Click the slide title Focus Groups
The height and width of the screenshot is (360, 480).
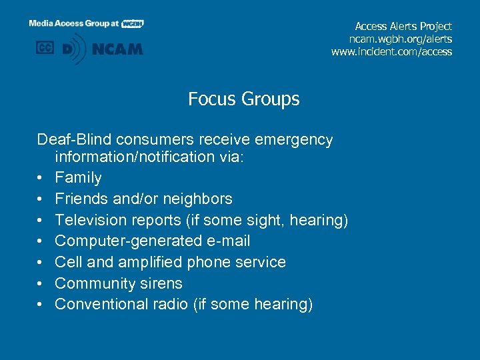point(243,99)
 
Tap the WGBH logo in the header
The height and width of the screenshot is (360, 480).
point(133,23)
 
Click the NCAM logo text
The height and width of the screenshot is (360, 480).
point(117,49)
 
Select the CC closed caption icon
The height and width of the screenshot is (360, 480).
point(45,48)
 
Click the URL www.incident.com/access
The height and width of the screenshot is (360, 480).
point(391,51)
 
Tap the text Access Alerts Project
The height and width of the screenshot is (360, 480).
point(403,26)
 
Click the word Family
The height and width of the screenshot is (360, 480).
point(78,178)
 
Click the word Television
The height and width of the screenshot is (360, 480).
point(90,220)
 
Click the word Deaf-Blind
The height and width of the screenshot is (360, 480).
point(74,140)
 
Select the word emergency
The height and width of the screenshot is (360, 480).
point(293,140)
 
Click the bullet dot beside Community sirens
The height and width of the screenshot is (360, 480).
point(41,283)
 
